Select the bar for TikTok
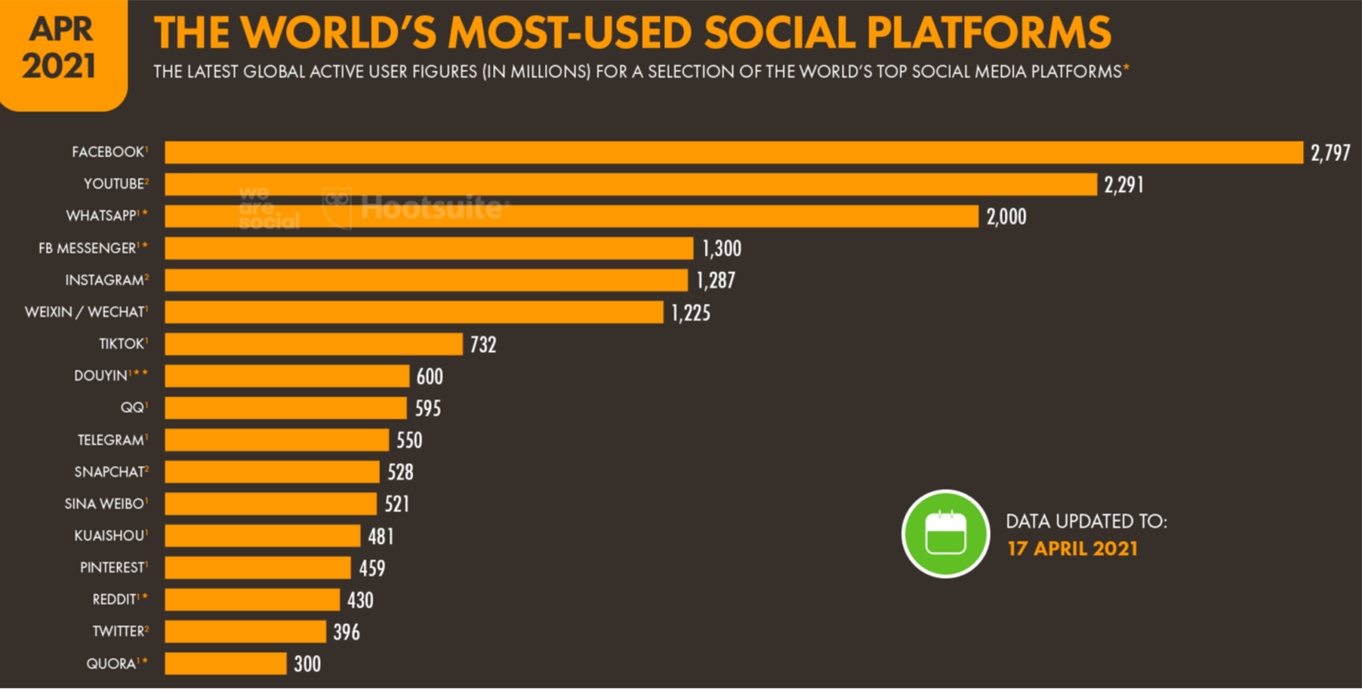click(313, 344)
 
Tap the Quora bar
click(225, 663)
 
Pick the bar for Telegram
click(276, 440)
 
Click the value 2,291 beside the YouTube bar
click(1123, 185)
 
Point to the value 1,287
click(715, 281)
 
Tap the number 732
click(483, 345)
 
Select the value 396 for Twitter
click(347, 632)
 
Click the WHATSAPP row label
click(101, 216)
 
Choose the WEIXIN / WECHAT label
click(84, 312)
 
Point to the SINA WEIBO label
click(103, 504)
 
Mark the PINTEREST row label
click(112, 567)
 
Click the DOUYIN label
click(101, 376)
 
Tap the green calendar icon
click(945, 534)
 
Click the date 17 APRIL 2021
click(1072, 548)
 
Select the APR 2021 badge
click(60, 48)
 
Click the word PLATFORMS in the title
click(988, 32)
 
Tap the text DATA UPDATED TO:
click(1086, 521)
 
